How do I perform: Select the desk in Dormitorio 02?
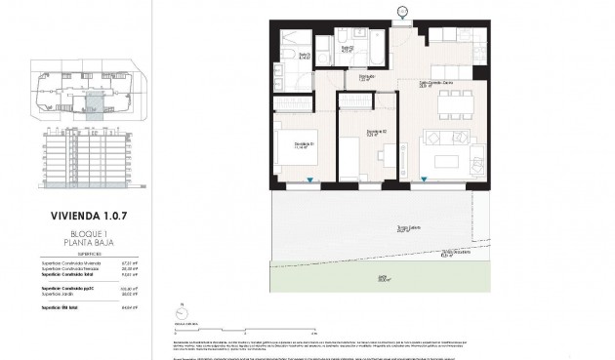(389, 158)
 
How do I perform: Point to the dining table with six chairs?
(457, 98)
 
